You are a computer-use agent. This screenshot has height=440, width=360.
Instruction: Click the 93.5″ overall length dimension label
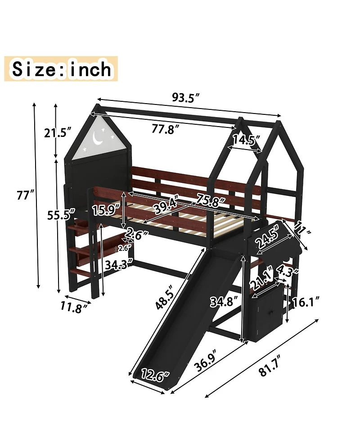click(185, 97)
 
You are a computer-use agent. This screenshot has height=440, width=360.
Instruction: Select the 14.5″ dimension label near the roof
click(246, 140)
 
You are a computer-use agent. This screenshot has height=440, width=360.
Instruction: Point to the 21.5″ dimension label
click(58, 132)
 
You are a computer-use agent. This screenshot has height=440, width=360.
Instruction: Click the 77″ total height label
click(25, 195)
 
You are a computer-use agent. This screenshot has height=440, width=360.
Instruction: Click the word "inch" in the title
click(88, 69)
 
